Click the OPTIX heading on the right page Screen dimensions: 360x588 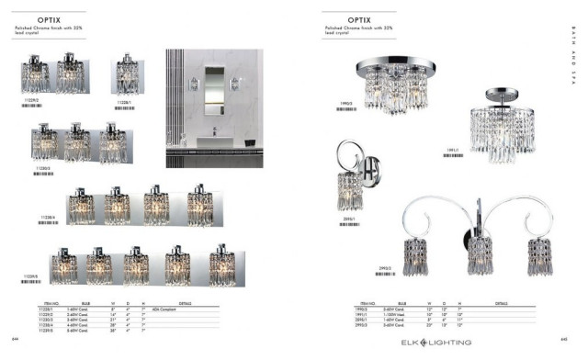(x=359, y=18)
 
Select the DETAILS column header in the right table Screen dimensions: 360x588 (x=502, y=302)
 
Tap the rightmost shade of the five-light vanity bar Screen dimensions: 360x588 (x=221, y=266)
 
